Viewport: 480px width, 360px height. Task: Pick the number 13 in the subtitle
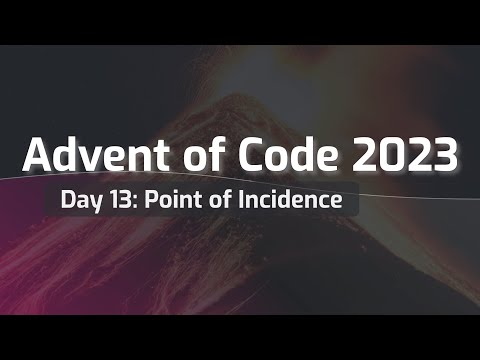tap(119, 199)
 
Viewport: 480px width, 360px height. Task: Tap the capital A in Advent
tap(35, 155)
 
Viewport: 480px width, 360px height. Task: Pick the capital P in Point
tap(152, 199)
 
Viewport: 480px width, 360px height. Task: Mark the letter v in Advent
tap(92, 158)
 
